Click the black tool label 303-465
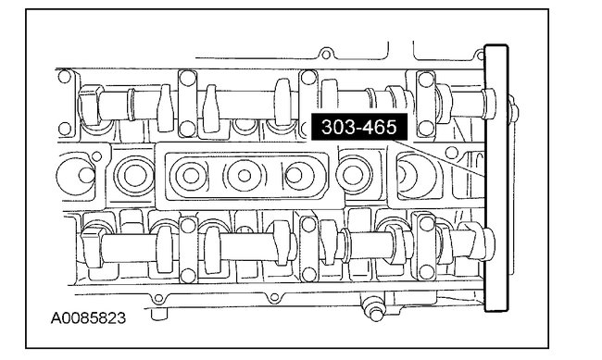pos(359,127)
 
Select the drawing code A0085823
pos(88,318)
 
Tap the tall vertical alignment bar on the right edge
pos(496,178)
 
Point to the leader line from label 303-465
pos(439,157)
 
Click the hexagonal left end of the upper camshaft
pos(89,105)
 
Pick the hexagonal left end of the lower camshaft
pos(92,246)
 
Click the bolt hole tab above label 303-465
pos(326,54)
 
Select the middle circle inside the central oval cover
pos(245,176)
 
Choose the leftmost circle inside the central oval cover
pos(190,176)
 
